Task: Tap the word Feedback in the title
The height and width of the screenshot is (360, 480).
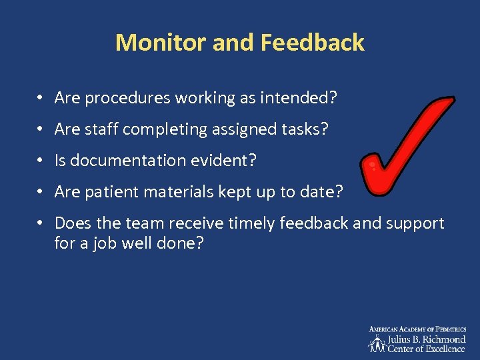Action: pyautogui.click(x=313, y=43)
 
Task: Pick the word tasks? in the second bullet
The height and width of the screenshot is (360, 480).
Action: pyautogui.click(x=304, y=129)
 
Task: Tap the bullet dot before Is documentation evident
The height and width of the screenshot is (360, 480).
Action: pyautogui.click(x=41, y=161)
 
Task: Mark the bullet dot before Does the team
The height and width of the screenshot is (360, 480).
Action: pyautogui.click(x=41, y=223)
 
